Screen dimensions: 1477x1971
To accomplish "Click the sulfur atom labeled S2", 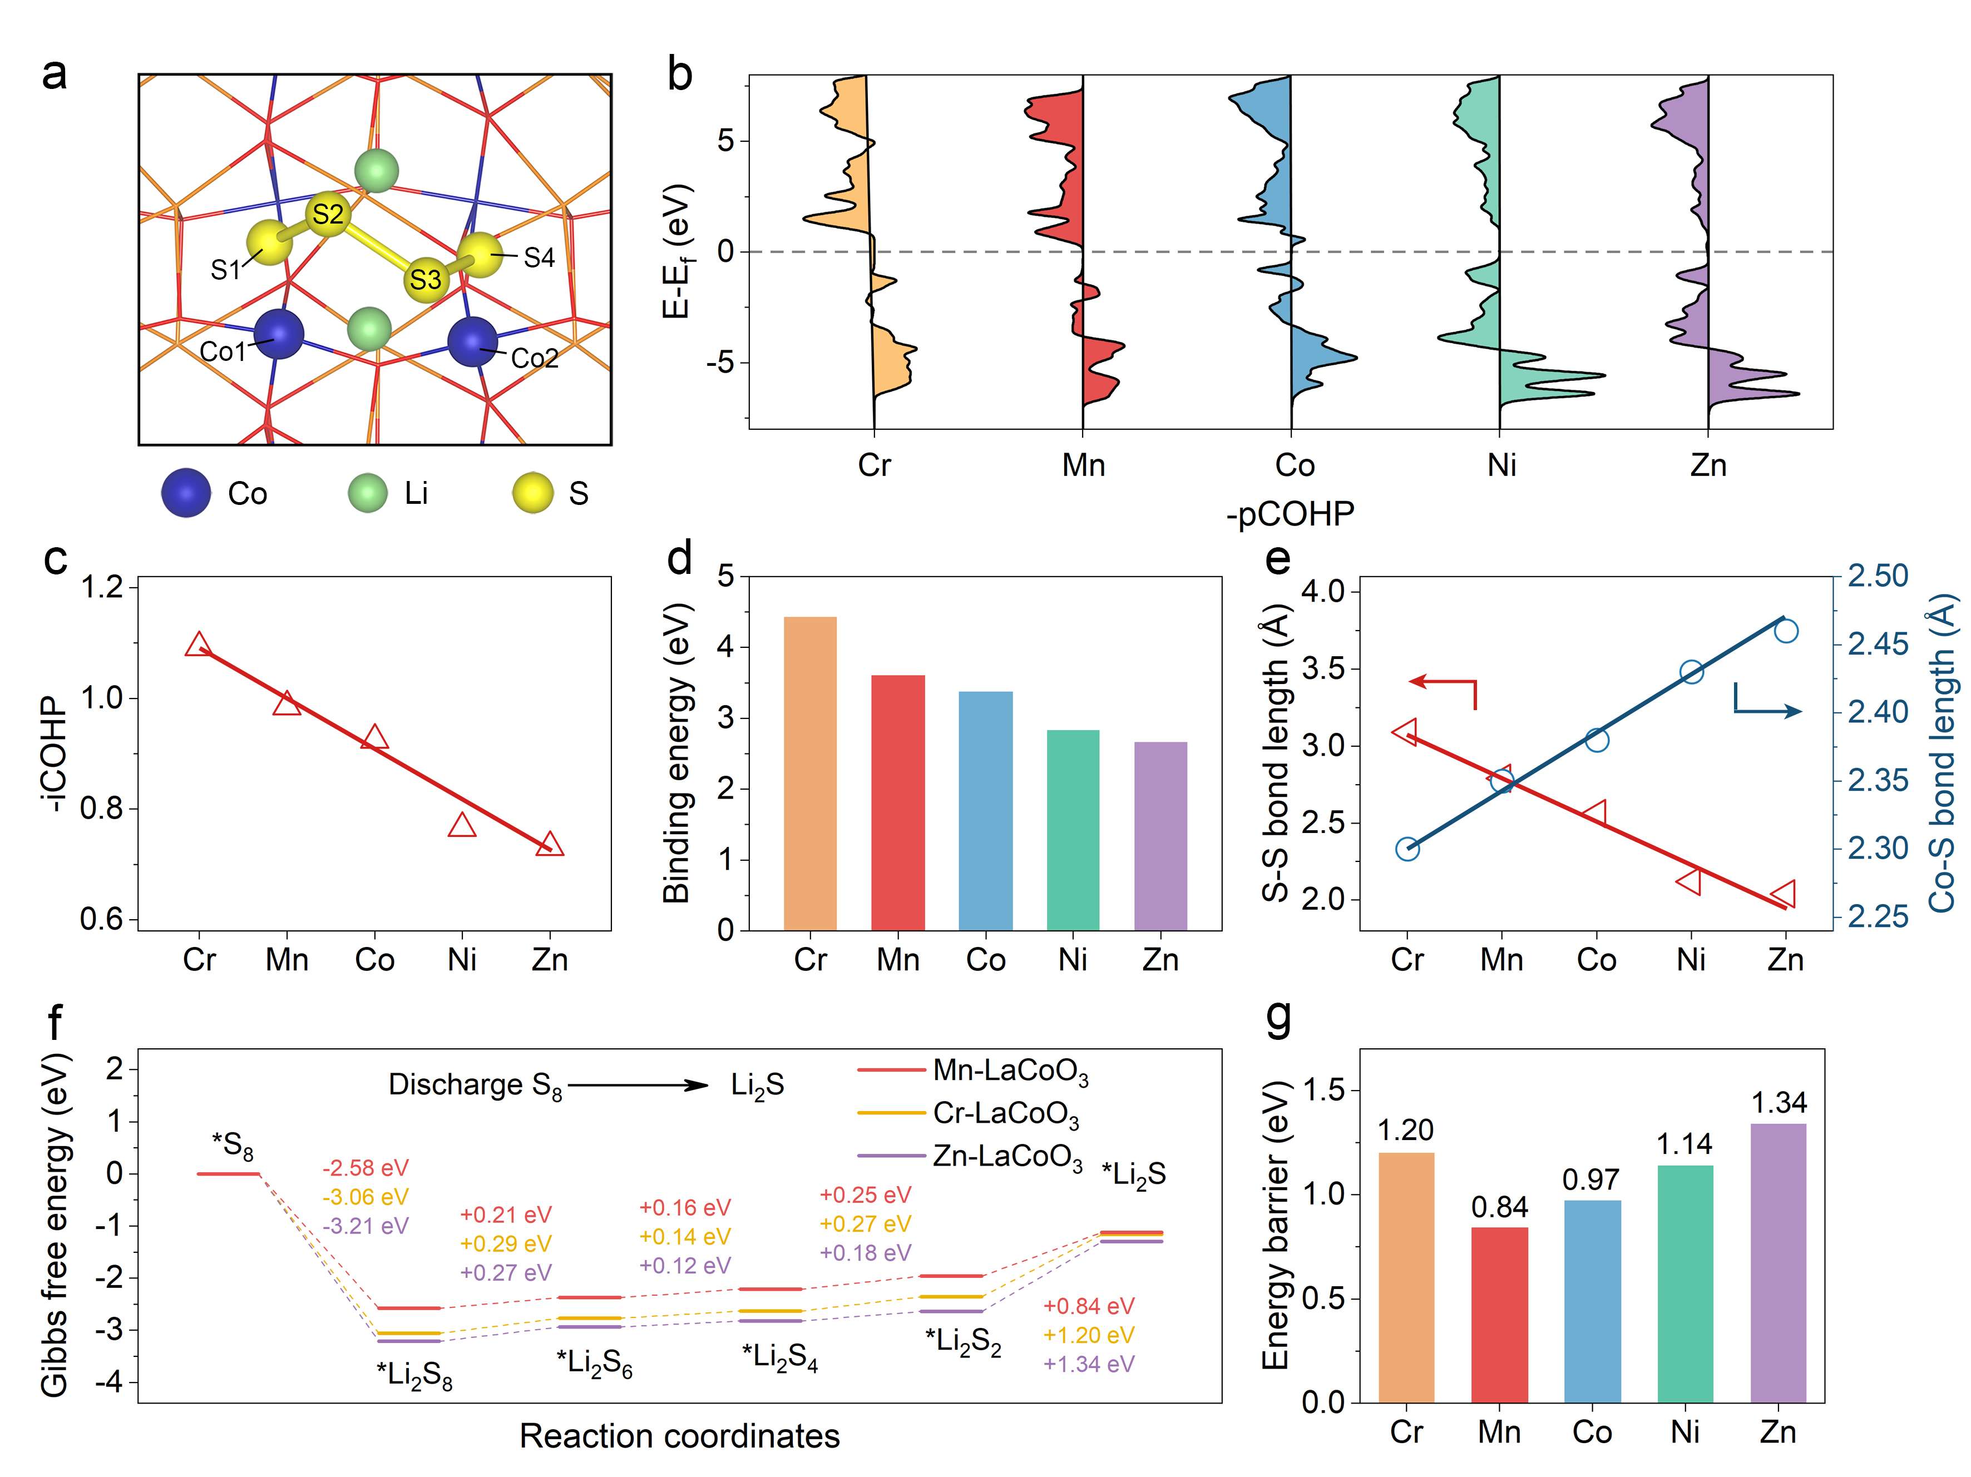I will click(328, 215).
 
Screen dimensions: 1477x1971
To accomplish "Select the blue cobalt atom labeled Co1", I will click(279, 335).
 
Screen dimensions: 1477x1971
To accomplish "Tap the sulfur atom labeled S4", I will click(480, 255).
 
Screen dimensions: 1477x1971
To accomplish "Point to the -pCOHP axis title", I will click(1290, 514).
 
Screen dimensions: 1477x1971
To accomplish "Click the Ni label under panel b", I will click(1501, 465).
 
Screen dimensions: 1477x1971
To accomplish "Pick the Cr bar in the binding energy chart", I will click(810, 772).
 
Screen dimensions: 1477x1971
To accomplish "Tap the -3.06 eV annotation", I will click(365, 1196).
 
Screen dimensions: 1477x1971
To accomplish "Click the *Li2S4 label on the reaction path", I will click(780, 1357).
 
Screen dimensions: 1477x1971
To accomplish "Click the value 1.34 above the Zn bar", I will click(1779, 1103).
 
